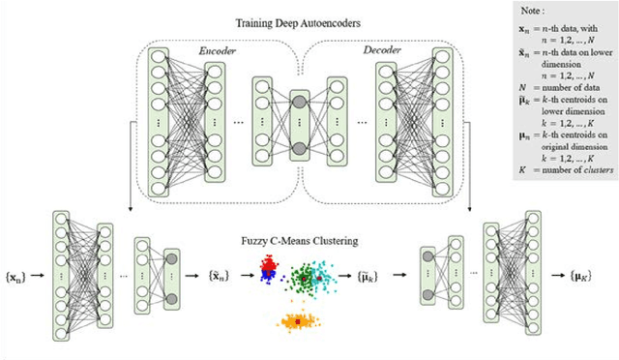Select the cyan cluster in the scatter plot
pyautogui.click(x=333, y=275)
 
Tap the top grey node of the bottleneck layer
pyautogui.click(x=298, y=102)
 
